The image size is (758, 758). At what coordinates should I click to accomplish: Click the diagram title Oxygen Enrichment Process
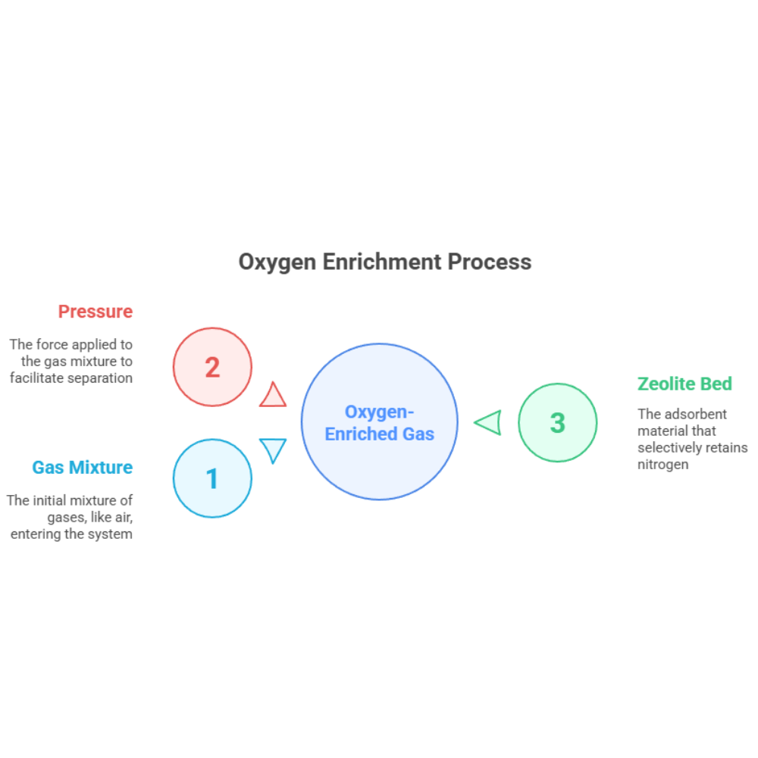pos(384,262)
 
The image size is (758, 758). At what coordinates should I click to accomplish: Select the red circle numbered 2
pos(212,367)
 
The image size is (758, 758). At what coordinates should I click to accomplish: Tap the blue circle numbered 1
pos(212,478)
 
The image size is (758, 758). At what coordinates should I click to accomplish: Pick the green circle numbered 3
pos(557,422)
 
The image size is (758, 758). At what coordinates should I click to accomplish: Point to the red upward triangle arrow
pos(273,395)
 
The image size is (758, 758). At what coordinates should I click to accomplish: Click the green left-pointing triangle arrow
pos(489,422)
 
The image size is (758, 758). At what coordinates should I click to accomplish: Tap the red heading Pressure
pos(96,312)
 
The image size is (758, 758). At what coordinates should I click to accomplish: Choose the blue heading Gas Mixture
pos(82,468)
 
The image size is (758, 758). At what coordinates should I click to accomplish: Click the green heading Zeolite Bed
pos(684,384)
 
